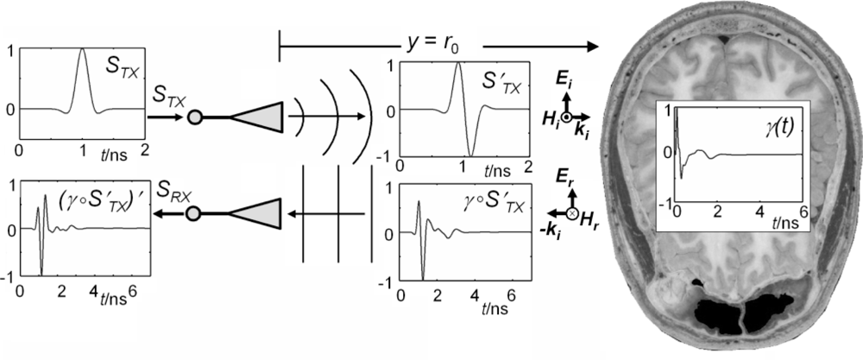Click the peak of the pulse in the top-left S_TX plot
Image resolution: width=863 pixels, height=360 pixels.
pyautogui.click(x=83, y=49)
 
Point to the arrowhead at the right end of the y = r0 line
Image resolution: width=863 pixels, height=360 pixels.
pyautogui.click(x=595, y=42)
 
